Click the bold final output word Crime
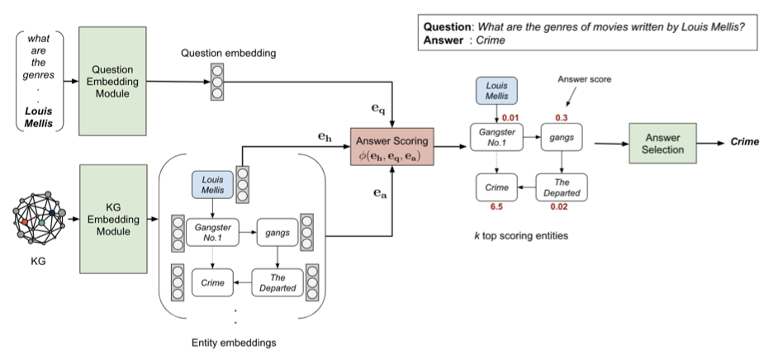coord(745,143)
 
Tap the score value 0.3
coord(562,118)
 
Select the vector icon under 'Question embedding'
coord(216,81)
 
